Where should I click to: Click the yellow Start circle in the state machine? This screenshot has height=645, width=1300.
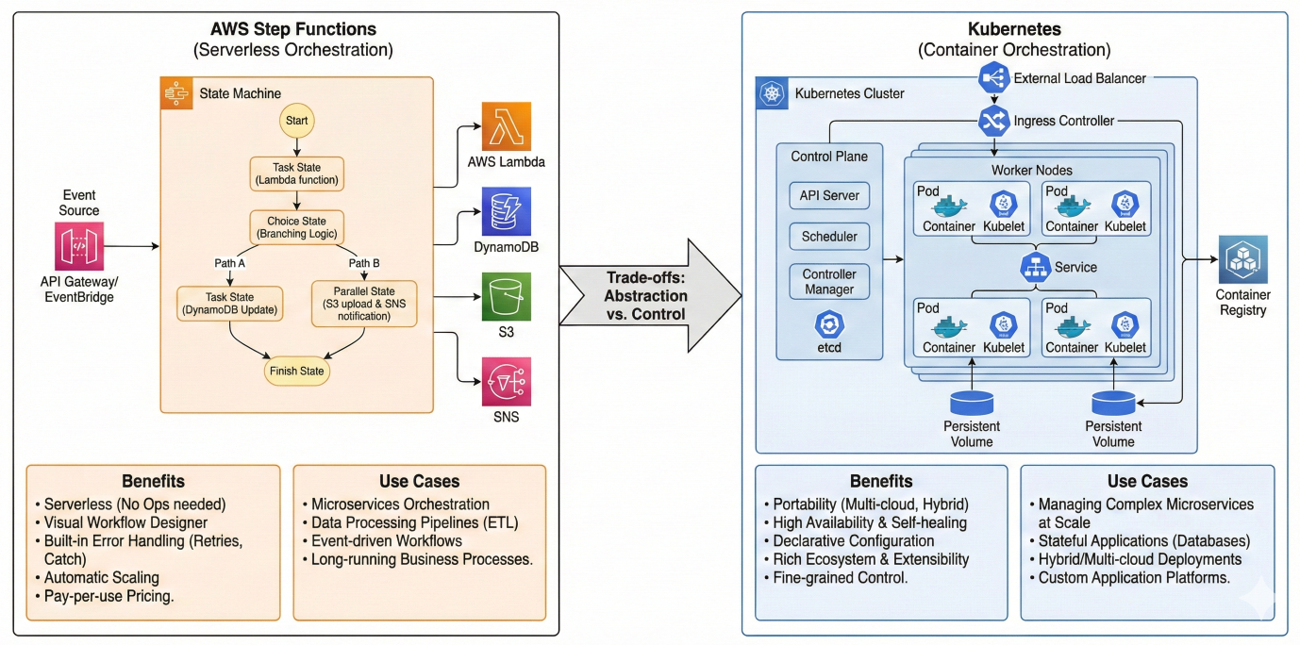point(296,122)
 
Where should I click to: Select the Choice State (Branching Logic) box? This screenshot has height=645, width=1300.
point(296,227)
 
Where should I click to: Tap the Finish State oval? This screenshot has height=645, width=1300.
point(297,371)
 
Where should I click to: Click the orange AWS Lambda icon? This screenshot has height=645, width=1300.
point(507,126)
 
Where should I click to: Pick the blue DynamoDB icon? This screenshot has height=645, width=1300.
point(507,211)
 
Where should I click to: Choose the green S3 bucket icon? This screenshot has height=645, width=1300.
point(507,297)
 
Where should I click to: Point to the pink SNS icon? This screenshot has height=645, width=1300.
point(507,382)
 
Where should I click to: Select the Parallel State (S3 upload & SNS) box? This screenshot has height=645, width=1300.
point(363,302)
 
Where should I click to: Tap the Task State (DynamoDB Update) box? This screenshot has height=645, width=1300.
point(229,302)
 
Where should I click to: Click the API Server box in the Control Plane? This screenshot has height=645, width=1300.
point(829,195)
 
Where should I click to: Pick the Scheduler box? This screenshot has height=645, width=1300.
point(829,237)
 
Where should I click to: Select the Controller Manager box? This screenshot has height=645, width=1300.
point(829,282)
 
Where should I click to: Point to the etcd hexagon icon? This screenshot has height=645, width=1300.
point(829,324)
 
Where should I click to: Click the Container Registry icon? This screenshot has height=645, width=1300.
point(1242,260)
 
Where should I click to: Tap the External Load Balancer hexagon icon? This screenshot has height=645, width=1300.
point(994,78)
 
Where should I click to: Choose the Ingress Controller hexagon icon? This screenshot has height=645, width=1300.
point(994,121)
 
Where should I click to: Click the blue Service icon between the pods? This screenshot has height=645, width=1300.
point(1035,267)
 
